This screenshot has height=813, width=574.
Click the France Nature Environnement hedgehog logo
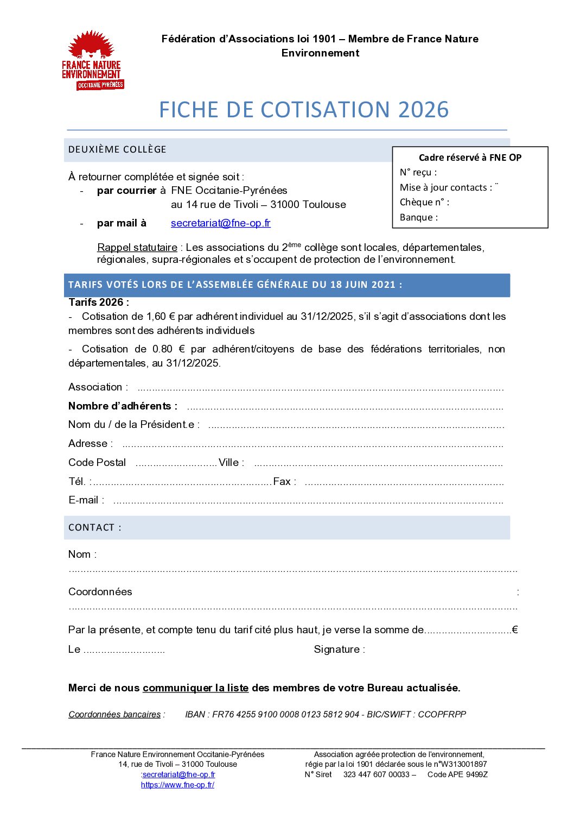pyautogui.click(x=93, y=60)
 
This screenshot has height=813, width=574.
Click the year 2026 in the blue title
pyautogui.click(x=423, y=110)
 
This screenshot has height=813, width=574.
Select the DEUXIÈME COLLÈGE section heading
pyautogui.click(x=117, y=149)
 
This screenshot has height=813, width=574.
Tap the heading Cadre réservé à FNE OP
pyautogui.click(x=470, y=157)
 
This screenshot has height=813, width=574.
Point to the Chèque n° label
pyautogui.click(x=424, y=202)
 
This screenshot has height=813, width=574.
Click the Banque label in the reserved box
pyautogui.click(x=418, y=217)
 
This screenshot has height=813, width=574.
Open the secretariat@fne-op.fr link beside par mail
pyautogui.click(x=220, y=223)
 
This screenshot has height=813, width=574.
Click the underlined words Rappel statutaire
pyautogui.click(x=137, y=248)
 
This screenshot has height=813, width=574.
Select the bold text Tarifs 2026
pyautogui.click(x=98, y=302)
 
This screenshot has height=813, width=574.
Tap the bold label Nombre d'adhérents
pyautogui.click(x=123, y=406)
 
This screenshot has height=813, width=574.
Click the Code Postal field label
pyautogui.click(x=97, y=463)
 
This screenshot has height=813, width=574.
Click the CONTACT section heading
pyautogui.click(x=94, y=527)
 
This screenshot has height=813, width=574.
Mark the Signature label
pyautogui.click(x=339, y=650)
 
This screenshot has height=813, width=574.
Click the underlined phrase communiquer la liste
pyautogui.click(x=195, y=688)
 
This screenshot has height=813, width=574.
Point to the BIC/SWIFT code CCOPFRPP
pyautogui.click(x=442, y=714)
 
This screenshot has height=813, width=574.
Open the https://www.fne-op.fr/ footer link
pyautogui.click(x=177, y=785)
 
